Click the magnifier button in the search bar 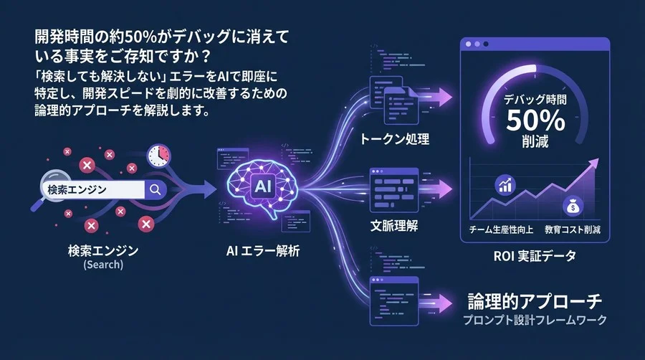coord(155,189)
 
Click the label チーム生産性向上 coord(499,229)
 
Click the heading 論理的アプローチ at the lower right coord(534,300)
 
